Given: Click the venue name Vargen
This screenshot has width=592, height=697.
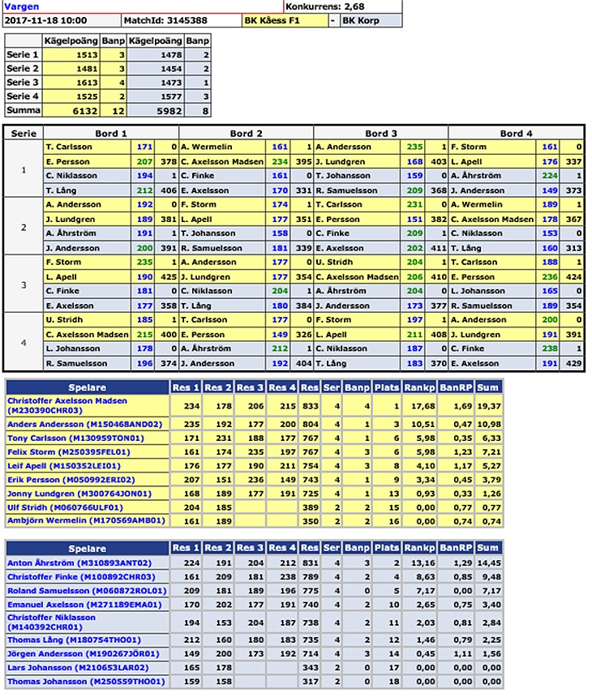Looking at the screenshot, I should click(19, 6).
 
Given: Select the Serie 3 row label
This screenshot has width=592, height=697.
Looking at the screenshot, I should click(23, 83).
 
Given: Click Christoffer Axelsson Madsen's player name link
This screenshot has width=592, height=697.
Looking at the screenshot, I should click(67, 400).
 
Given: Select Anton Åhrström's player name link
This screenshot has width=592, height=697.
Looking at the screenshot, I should click(79, 562).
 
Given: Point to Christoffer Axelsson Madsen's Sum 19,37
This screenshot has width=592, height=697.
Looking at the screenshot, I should click(487, 405).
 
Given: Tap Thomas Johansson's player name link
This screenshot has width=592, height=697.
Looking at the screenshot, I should click(86, 682).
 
